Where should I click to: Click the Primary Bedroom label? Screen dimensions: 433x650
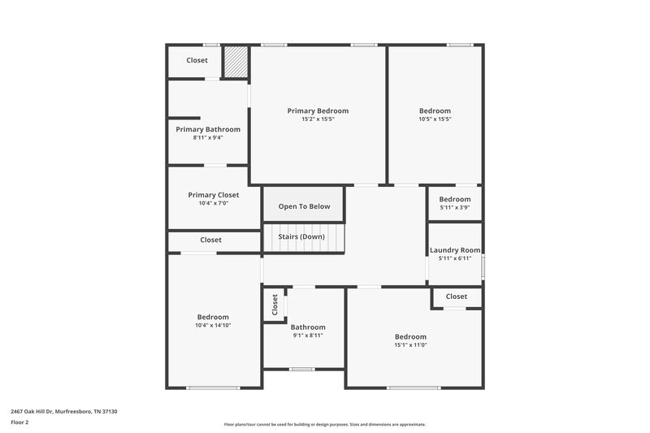click(x=318, y=110)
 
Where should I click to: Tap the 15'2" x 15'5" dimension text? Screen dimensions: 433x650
click(x=318, y=119)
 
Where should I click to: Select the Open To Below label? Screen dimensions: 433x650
click(x=304, y=206)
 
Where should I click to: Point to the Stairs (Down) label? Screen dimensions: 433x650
click(x=301, y=236)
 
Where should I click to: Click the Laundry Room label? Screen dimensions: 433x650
click(x=455, y=250)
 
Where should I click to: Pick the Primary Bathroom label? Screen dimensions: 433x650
click(x=208, y=129)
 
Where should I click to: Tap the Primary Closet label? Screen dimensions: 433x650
click(x=213, y=195)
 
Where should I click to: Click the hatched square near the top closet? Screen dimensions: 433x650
click(x=236, y=62)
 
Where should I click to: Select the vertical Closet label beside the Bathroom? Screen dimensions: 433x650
click(x=275, y=305)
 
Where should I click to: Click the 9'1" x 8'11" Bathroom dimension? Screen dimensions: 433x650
click(x=308, y=336)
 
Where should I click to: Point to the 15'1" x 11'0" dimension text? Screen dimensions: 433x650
click(x=410, y=345)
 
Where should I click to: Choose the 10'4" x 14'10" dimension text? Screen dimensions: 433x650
click(x=213, y=326)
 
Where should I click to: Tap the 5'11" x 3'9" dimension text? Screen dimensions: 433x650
click(x=455, y=208)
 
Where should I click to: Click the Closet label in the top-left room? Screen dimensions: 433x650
click(x=197, y=61)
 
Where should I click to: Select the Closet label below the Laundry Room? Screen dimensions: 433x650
click(x=457, y=297)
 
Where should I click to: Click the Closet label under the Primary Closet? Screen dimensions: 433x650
click(x=210, y=240)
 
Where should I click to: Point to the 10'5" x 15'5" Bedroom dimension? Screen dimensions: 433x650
click(x=435, y=119)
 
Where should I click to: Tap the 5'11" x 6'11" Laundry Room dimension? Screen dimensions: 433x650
click(x=455, y=258)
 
